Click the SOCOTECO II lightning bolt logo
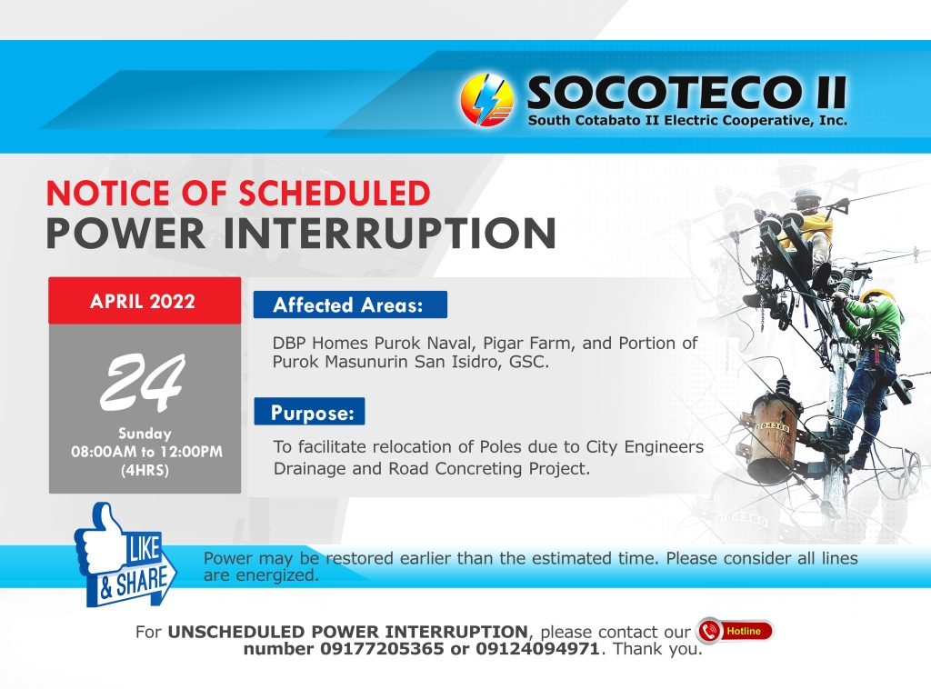coord(487,100)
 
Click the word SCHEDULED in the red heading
coord(335,194)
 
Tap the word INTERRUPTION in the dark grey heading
coord(390,234)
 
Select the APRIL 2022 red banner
coord(145,301)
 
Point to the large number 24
coord(143,383)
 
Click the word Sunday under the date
coord(145,434)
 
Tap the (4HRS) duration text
coord(145,471)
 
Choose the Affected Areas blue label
coord(350,305)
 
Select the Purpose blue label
coord(309,412)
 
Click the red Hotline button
coord(735,631)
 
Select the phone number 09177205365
coord(382,649)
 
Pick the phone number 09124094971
coord(537,649)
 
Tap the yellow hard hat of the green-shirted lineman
coord(877,295)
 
